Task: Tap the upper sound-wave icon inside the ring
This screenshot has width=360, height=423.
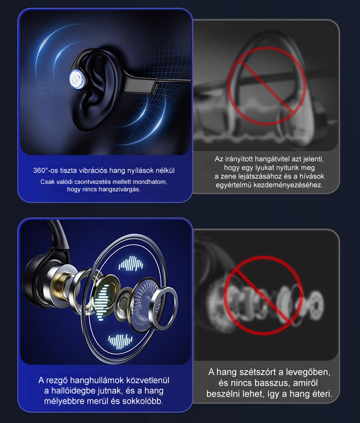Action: pos(131,264)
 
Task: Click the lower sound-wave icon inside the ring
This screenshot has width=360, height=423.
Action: pos(120,341)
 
